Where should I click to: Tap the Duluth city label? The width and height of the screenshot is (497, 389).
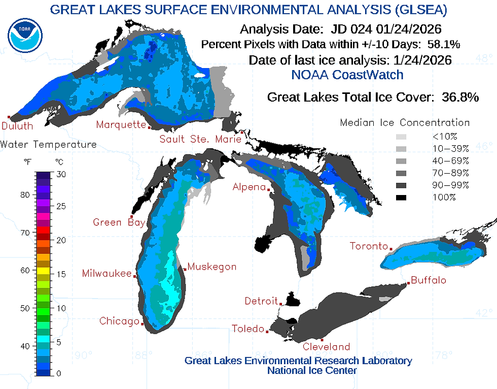tap(17, 125)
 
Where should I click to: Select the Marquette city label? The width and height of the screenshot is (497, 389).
tap(121, 124)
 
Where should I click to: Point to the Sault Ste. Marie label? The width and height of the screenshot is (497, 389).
tap(200, 139)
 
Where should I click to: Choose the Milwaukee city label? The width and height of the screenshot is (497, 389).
tap(106, 274)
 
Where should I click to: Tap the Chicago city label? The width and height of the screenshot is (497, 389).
tap(119, 321)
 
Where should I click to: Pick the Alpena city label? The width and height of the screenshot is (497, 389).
tap(248, 187)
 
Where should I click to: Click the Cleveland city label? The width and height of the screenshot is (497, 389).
tap(326, 347)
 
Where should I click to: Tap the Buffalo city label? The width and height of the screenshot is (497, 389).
tap(429, 280)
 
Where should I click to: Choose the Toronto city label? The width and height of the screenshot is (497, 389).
tap(369, 246)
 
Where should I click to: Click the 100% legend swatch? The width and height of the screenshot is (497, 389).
tap(401, 197)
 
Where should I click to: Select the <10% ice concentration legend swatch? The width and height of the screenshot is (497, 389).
tap(401, 137)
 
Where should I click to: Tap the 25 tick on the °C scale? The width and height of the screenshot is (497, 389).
tap(61, 207)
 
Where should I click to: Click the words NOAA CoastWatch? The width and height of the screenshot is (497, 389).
tap(347, 75)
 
